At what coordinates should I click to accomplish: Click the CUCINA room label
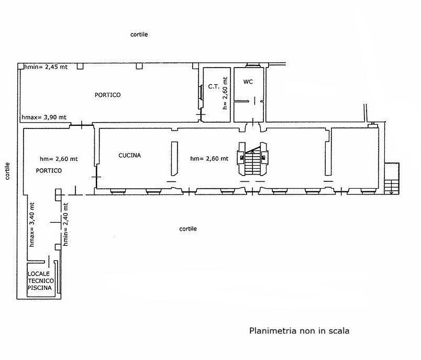coord(130,155)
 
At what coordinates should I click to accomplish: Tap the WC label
coord(248,82)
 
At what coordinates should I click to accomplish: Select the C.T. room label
coord(214,86)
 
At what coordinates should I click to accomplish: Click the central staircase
coord(252,159)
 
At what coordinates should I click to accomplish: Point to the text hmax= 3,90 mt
coord(44,117)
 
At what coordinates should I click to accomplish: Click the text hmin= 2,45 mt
coord(46,67)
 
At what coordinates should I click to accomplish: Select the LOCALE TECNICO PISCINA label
coord(40,281)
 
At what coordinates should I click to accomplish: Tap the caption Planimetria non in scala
coord(300,331)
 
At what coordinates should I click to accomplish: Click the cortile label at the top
coord(139,35)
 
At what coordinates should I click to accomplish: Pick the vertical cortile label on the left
coord(7,171)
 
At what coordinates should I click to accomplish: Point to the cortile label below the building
coord(188,228)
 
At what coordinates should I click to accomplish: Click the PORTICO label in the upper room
coord(108,95)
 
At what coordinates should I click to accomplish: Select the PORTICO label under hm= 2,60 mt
coord(49,171)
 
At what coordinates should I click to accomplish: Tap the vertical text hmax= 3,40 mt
coord(32,225)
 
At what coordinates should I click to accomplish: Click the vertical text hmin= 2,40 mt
coord(65,224)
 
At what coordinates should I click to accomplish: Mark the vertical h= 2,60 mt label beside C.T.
coord(225,93)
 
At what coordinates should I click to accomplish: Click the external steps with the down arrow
coord(392,179)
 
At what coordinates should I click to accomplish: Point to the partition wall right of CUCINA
coord(174,158)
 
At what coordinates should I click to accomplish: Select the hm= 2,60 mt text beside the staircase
coord(209,159)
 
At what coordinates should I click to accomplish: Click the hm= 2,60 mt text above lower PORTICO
coord(59,159)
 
